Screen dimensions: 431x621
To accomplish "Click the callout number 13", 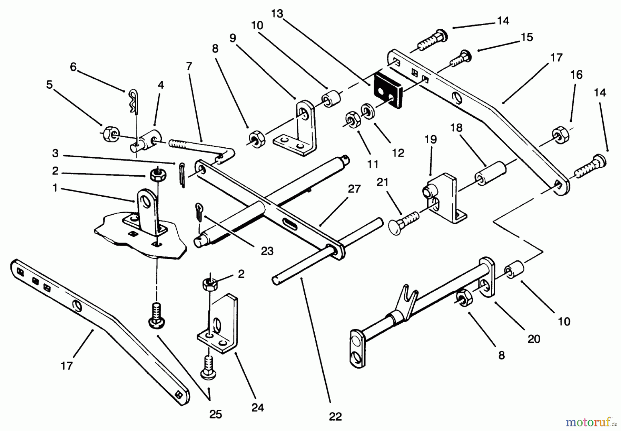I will click(277, 13).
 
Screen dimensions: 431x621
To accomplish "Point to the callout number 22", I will click(335, 417).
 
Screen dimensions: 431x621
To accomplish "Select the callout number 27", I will click(354, 189).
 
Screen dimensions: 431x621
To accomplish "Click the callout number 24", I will click(258, 408).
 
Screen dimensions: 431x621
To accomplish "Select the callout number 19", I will click(431, 139).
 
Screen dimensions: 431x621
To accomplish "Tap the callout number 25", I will click(216, 414).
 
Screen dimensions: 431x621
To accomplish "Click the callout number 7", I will click(189, 66).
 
